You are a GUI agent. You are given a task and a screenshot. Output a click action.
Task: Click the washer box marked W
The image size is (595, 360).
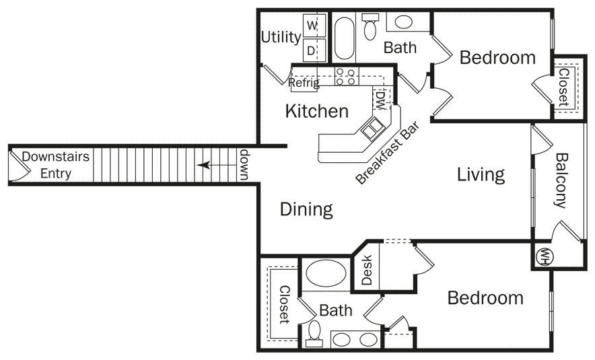312,26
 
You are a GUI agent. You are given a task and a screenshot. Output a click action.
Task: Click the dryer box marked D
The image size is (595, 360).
312,50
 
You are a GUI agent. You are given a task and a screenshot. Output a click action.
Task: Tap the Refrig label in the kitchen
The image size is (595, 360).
304,83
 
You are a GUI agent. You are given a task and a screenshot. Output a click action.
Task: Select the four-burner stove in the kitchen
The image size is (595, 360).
347,77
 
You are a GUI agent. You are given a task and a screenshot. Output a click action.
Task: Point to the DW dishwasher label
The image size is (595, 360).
380,100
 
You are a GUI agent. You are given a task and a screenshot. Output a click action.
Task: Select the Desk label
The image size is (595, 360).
367,269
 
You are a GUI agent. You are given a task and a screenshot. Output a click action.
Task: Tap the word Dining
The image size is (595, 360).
306,209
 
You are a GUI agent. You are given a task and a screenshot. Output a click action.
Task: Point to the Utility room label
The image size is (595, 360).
281,37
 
